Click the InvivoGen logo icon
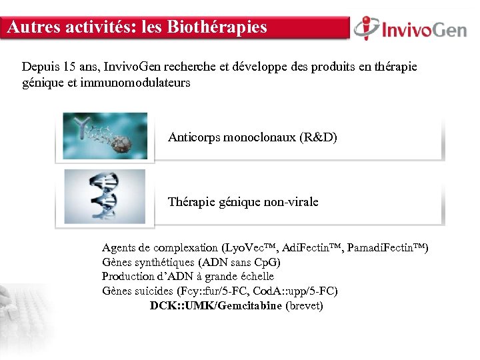[x=367, y=28]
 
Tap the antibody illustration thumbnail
[x=105, y=135]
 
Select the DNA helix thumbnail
[x=105, y=196]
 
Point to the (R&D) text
[x=319, y=138]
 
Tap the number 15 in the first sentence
[x=69, y=67]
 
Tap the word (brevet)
[x=304, y=306]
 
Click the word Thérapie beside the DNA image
[x=191, y=201]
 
